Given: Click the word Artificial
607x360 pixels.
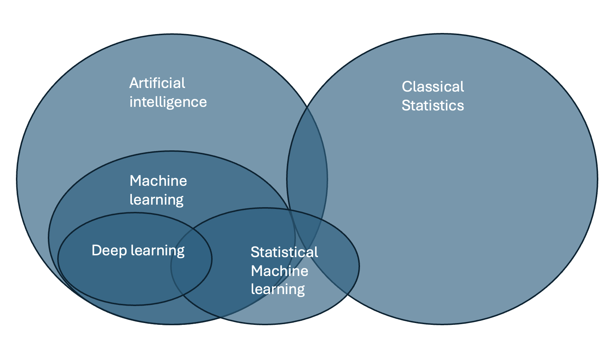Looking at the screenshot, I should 157,83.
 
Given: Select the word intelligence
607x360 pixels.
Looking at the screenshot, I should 168,102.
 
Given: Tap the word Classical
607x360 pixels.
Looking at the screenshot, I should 433,87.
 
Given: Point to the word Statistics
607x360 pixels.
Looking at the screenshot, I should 433,106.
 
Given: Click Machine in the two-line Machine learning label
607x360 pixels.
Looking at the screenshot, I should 158,181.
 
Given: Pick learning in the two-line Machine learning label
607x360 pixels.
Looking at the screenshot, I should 156,200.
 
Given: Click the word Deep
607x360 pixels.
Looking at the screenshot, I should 109,251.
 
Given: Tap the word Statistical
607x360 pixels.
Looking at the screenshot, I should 284,252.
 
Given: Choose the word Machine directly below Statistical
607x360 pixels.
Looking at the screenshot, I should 280,271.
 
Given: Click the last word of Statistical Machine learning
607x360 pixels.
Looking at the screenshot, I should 278,289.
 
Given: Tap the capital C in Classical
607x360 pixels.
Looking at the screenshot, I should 407,87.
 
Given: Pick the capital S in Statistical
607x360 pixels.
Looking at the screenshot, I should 255,252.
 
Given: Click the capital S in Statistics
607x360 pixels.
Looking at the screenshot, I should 406,106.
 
